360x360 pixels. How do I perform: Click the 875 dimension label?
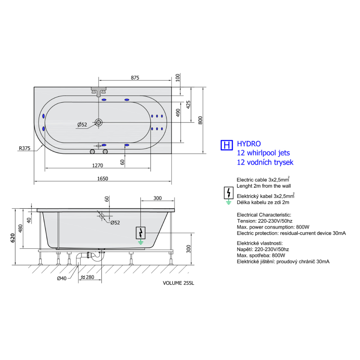coord(135,77)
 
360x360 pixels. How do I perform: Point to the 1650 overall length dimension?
coord(103,178)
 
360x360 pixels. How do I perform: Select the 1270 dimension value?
coord(98,165)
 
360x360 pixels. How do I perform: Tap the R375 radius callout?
coord(24,148)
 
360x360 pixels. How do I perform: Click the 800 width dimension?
coord(200,120)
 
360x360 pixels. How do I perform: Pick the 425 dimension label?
coord(188,104)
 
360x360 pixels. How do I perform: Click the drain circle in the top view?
coord(99,122)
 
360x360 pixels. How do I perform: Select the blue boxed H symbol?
coord(227,145)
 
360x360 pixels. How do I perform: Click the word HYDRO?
coord(249,144)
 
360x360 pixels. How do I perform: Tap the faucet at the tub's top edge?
coord(99,92)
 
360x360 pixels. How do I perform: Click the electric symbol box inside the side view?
coord(141,233)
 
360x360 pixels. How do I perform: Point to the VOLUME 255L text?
coord(178,283)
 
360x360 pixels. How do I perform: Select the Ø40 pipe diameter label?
coord(62,278)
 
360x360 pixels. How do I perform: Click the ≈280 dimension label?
coord(87,277)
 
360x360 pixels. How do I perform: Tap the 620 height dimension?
coord(13,238)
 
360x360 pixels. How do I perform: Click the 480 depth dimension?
coord(20,229)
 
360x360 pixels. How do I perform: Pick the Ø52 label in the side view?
coord(115,222)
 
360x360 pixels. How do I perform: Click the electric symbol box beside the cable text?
coord(229,193)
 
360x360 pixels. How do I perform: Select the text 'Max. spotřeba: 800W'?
coord(261,255)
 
